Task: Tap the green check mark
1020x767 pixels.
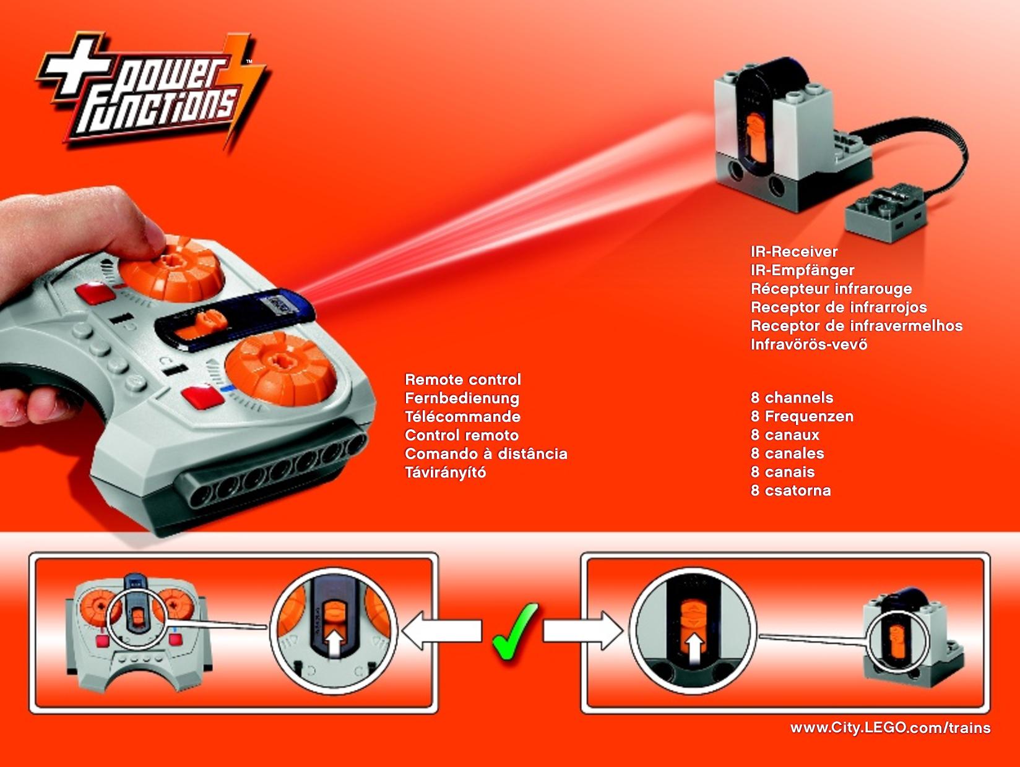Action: click(x=514, y=632)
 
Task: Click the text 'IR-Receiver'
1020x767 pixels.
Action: click(x=794, y=252)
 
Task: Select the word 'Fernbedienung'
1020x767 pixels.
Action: click(x=462, y=398)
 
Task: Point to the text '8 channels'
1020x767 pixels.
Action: click(x=792, y=398)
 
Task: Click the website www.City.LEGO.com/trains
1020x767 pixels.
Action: click(x=891, y=727)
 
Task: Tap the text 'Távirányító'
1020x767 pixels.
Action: click(x=445, y=473)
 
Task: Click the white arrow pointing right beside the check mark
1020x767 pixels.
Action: click(x=582, y=630)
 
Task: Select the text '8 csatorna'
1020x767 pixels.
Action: click(x=790, y=491)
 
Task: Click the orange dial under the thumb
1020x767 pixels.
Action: click(x=171, y=268)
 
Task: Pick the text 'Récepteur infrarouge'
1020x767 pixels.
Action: click(x=831, y=289)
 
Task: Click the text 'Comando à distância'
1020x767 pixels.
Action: click(x=486, y=453)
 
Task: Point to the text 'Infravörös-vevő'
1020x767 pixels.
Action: click(x=809, y=344)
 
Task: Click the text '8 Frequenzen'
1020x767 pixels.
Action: click(x=802, y=416)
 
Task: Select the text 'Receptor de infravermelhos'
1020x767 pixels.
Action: click(x=857, y=325)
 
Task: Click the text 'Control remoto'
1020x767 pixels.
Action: click(x=462, y=435)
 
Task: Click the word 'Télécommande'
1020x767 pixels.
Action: click(x=462, y=416)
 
